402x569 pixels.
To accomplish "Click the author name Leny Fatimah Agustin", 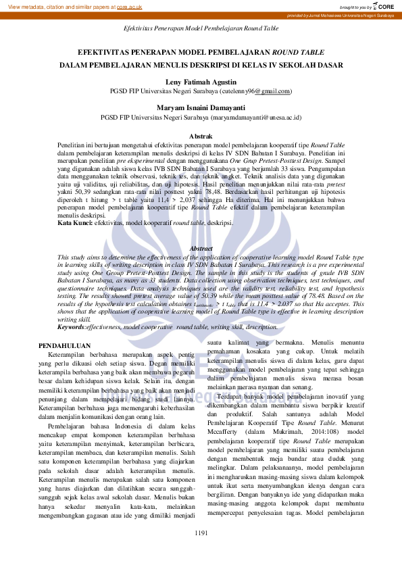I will [201, 82].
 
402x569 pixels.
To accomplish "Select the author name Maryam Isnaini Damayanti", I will [201, 107].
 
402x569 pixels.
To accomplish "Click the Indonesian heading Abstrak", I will [201, 136].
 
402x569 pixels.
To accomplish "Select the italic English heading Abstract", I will [201, 249].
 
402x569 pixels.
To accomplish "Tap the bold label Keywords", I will [70, 326].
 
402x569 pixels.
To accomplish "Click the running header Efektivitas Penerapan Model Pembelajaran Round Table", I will [201, 29].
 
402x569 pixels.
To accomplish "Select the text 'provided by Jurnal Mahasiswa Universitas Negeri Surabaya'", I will [341, 15].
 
